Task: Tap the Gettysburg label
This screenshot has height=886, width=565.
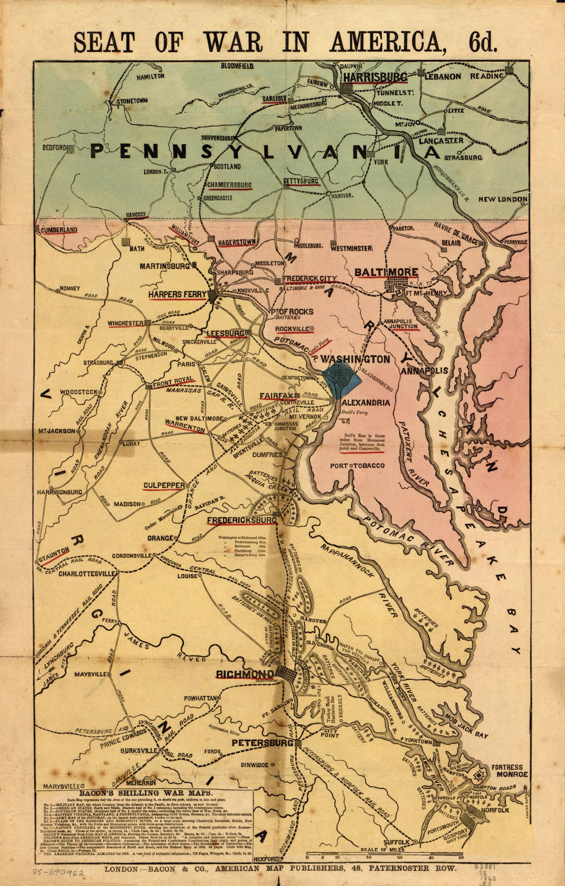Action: pyautogui.click(x=301, y=181)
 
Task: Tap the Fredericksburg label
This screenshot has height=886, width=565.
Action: pyautogui.click(x=242, y=521)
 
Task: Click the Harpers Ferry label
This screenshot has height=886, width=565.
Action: pyautogui.click(x=177, y=294)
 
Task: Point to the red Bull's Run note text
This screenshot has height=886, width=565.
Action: pyautogui.click(x=363, y=443)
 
